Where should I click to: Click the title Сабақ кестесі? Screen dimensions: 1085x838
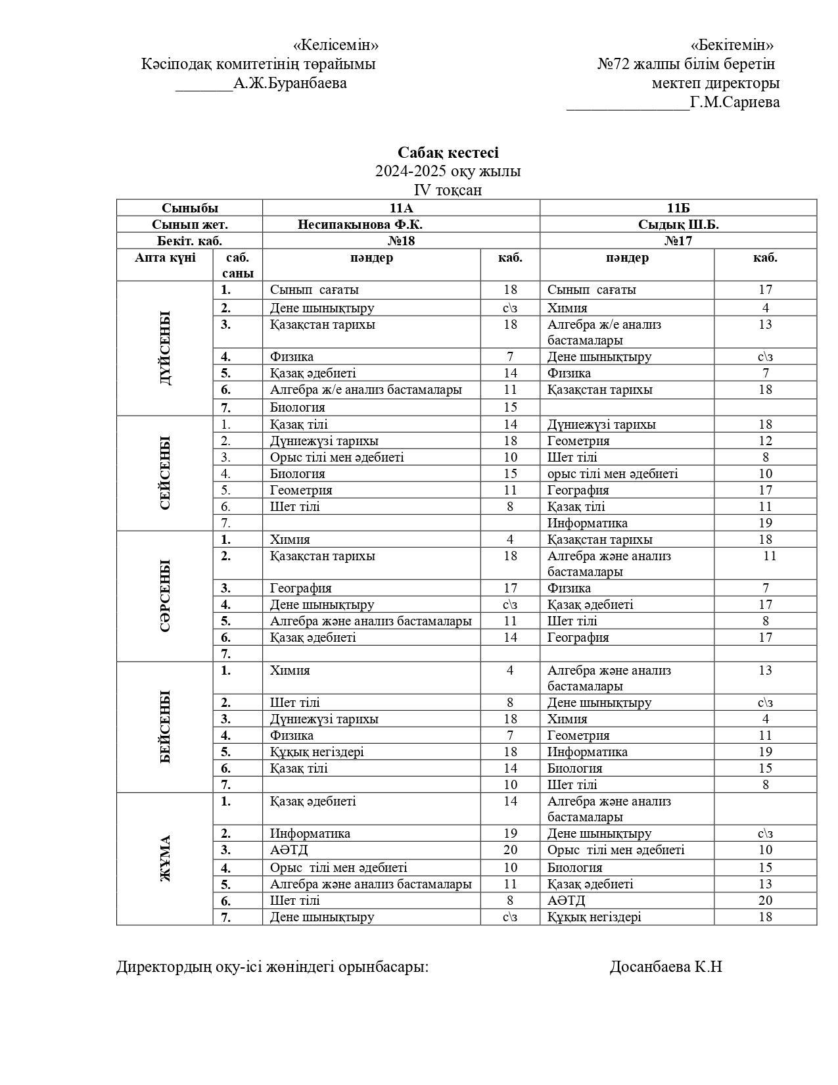click(448, 153)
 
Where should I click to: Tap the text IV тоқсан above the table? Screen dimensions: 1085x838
click(448, 190)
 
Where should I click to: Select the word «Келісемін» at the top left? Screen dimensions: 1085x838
click(335, 45)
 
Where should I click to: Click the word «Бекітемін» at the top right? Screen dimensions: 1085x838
click(732, 45)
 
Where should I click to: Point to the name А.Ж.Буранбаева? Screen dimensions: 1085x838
click(290, 84)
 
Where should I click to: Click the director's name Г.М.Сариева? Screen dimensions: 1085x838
click(735, 103)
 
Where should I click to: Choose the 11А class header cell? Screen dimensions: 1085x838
click(401, 208)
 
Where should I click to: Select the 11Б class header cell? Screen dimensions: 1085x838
click(678, 208)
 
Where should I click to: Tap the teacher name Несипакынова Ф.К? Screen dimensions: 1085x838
click(360, 224)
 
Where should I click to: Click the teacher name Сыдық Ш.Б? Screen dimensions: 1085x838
click(678, 224)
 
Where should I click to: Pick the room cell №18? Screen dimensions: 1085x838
click(401, 241)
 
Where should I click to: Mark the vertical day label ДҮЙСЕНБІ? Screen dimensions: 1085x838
click(165, 348)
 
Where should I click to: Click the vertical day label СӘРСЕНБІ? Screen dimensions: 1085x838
click(165, 596)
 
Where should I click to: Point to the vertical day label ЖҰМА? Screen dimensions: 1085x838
click(165, 858)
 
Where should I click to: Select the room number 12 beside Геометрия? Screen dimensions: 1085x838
click(765, 441)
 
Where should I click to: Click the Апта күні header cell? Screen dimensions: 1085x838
click(165, 258)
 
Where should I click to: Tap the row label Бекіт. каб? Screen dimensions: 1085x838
click(189, 241)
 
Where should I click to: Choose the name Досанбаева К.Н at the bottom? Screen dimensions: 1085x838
click(666, 967)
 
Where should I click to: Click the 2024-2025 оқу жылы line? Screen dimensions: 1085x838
click(448, 172)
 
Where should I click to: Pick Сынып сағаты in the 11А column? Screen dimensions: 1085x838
click(314, 290)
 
